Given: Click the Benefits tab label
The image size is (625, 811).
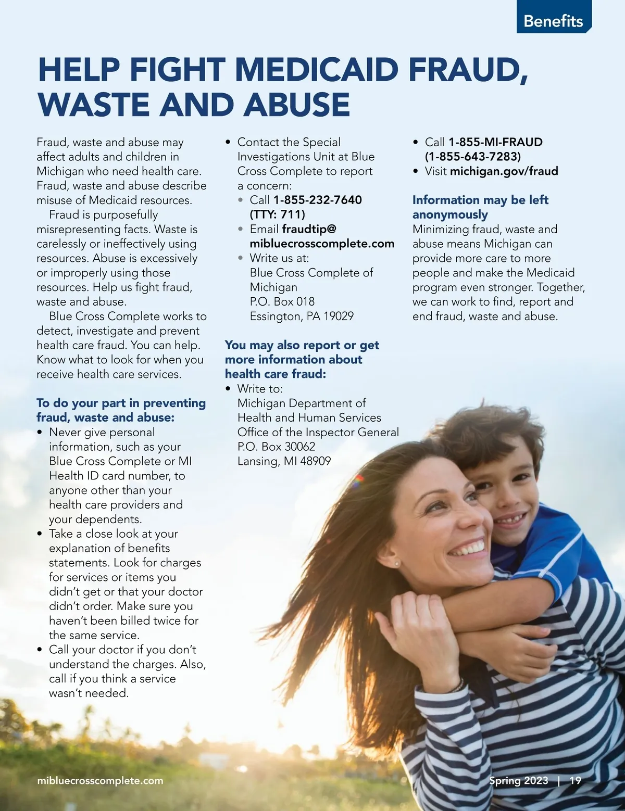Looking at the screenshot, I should click(553, 21).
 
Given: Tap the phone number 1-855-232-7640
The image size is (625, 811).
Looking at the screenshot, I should click(317, 200).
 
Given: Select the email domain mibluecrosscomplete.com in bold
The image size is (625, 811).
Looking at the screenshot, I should click(322, 244).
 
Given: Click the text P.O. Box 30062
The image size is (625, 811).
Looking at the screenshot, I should click(276, 447).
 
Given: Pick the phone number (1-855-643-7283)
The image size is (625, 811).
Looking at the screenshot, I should click(472, 156).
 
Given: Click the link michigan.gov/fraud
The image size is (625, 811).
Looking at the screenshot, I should click(504, 171).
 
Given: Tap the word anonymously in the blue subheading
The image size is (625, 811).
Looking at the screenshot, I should click(450, 214).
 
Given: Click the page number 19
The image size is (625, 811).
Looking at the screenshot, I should click(575, 780).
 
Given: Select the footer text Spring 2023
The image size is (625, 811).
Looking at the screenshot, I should click(518, 780).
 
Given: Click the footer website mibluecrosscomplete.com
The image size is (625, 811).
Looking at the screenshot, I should click(100, 781).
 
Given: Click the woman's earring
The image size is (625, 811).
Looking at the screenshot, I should click(396, 563).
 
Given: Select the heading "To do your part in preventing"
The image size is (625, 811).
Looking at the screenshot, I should click(121, 403).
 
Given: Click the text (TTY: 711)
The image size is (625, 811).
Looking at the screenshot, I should click(277, 214).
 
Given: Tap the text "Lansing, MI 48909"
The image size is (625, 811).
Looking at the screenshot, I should click(284, 461).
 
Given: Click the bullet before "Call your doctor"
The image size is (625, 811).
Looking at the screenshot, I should click(40, 650).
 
